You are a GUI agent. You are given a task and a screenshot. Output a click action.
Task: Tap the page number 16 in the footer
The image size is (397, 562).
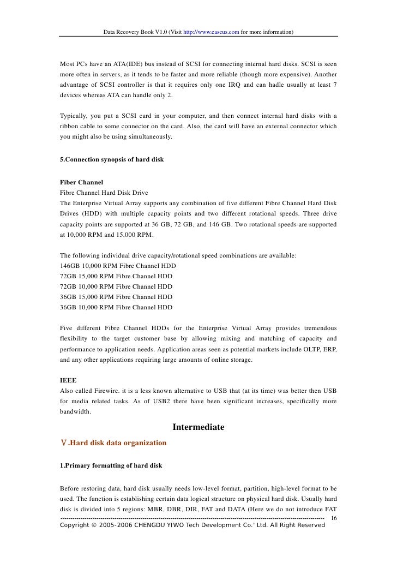point(334,517)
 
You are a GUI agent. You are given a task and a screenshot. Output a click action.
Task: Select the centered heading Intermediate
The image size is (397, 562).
point(198,427)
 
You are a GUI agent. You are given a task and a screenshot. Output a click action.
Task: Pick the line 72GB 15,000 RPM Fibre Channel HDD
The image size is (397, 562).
point(116,276)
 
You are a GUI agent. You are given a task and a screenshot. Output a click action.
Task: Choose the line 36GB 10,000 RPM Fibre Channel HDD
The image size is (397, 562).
point(116,307)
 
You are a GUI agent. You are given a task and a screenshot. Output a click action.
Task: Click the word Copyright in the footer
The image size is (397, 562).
point(77,525)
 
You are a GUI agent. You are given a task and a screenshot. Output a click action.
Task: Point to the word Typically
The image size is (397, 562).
point(74,116)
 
